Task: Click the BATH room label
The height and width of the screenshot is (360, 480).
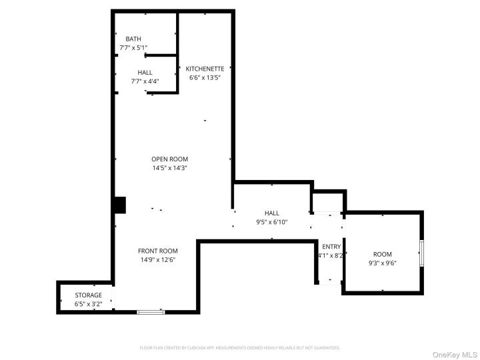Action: pos(133,39)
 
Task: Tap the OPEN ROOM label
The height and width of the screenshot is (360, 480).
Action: pos(169,159)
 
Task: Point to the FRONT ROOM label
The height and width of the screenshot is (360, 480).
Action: pos(157,251)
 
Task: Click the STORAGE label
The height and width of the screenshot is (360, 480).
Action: pos(88,295)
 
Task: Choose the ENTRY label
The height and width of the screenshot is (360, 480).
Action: pos(331,247)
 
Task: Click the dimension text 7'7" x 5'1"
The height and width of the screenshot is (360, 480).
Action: pos(133,48)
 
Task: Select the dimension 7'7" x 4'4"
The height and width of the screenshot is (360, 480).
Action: pos(145,81)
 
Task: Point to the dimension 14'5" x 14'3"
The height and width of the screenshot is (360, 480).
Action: pos(169,168)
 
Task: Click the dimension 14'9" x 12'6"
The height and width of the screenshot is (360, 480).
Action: pos(157,260)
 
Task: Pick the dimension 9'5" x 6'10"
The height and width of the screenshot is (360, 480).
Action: pos(271,222)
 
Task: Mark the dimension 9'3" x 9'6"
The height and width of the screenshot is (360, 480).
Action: pos(382,263)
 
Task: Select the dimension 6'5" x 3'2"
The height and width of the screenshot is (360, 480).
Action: pos(88,304)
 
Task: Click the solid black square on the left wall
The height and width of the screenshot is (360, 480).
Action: pos(119,205)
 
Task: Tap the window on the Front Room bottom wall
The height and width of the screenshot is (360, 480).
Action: pos(150,311)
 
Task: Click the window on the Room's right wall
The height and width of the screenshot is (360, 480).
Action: pos(421,253)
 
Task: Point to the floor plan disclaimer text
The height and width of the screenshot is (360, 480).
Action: pos(239,347)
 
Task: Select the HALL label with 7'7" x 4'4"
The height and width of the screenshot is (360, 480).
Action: pos(145,73)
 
